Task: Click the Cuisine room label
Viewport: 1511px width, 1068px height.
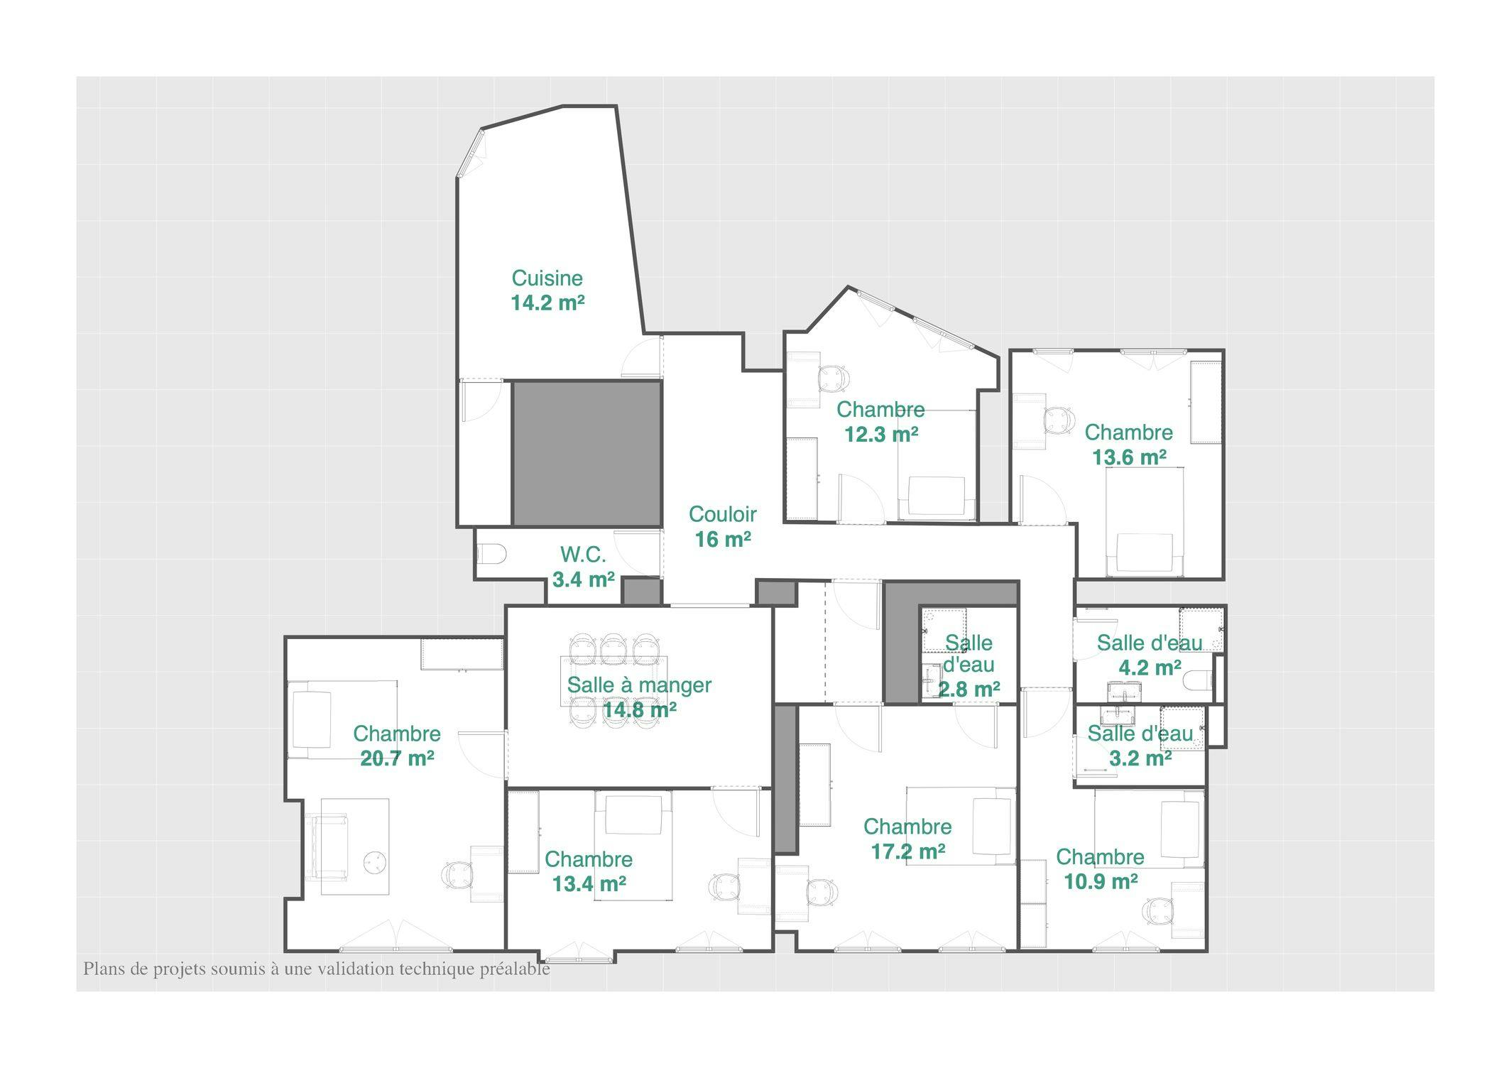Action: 547,278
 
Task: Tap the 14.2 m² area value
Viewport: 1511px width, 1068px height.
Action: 547,303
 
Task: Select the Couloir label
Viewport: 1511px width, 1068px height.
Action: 722,513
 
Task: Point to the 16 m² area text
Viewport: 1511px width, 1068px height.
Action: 722,540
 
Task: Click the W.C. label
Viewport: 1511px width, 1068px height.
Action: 583,555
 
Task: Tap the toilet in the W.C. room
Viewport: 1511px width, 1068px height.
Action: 491,554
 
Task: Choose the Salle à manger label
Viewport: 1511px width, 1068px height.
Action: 638,685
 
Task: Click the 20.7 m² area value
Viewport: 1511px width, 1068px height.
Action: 397,758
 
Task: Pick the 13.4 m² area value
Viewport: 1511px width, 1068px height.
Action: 589,884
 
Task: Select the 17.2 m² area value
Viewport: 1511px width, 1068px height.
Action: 907,851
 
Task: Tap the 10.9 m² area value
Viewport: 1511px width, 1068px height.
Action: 1100,882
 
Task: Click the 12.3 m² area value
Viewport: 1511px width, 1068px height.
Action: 880,434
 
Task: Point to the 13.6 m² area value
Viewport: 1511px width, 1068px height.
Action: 1128,457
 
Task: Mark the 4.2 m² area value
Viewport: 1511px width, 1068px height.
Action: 1149,668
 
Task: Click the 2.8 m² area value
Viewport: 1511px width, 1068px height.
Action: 969,690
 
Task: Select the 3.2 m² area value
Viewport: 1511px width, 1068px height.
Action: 1140,758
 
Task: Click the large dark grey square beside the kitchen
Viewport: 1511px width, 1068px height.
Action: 587,453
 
